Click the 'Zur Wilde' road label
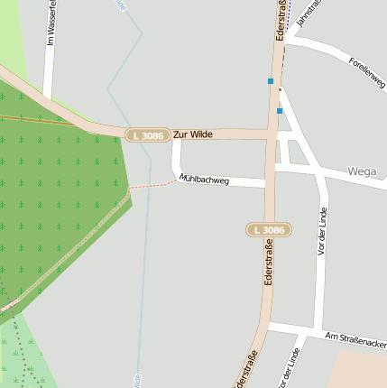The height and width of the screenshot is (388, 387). point(193,134)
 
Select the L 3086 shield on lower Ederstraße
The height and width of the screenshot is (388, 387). point(269,230)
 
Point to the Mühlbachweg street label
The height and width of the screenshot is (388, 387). point(205,180)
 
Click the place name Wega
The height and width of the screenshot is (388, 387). point(362,171)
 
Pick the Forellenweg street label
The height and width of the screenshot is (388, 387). point(366,73)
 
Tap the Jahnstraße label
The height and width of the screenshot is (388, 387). point(309,17)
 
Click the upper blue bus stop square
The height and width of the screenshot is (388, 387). point(270,81)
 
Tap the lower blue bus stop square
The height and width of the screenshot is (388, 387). point(280,111)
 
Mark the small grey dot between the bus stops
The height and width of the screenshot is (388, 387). point(280,90)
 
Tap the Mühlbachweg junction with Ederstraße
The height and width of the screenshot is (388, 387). point(270,184)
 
